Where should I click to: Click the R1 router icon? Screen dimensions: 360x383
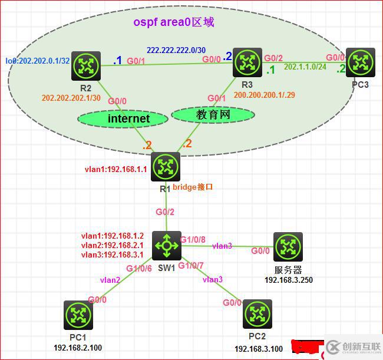tap(166, 167)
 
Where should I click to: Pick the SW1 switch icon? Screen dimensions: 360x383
tap(166, 246)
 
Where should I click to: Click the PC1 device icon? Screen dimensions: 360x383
tap(78, 315)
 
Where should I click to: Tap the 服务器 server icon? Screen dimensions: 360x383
tap(288, 246)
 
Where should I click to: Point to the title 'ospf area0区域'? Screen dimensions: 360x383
tap(173, 22)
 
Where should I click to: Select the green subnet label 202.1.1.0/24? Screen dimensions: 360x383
tap(305, 67)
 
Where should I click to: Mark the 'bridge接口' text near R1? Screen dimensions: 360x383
tap(192, 186)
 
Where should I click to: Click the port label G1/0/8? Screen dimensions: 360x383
tap(193, 239)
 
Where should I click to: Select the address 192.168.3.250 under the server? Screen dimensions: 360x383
tap(288, 280)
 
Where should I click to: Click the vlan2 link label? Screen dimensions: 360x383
tap(110, 280)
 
